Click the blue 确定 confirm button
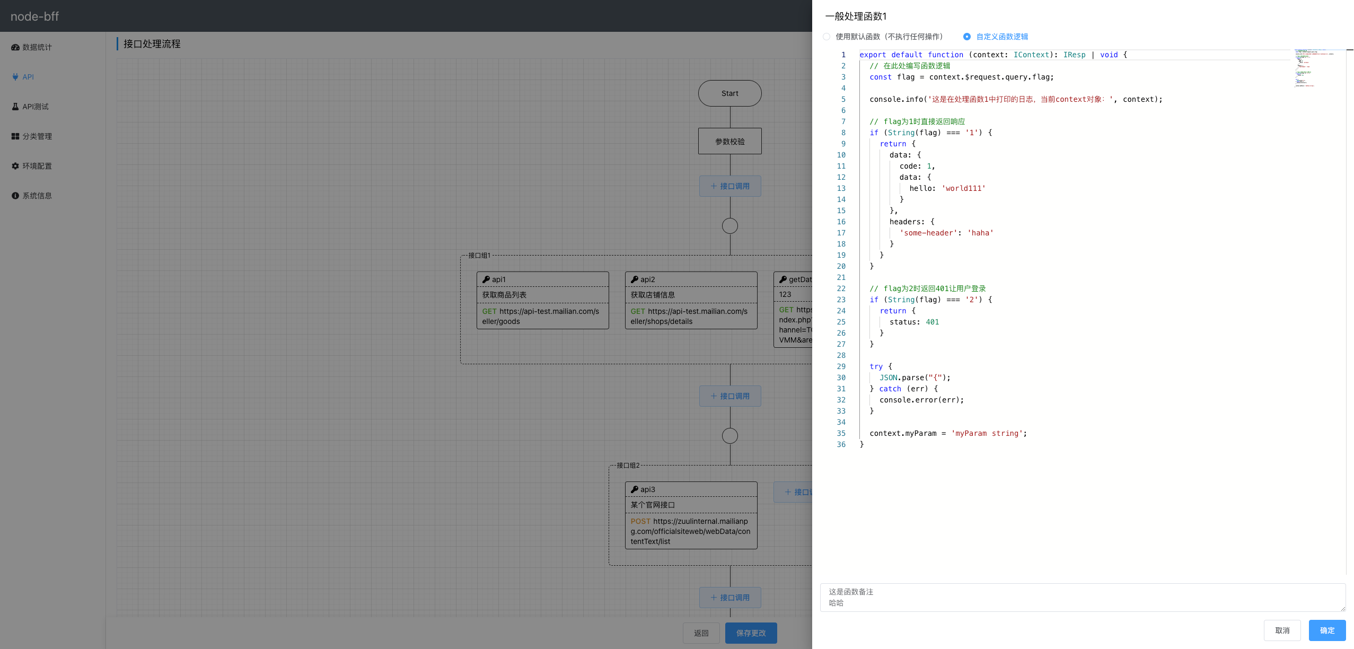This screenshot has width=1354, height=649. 1326,630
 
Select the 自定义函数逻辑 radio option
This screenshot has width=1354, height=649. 967,37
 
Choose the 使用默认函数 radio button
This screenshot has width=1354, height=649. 827,37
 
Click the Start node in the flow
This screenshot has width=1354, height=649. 729,93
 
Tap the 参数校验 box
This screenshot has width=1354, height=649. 729,142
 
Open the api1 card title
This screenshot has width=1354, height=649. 498,279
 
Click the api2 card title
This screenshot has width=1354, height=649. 647,279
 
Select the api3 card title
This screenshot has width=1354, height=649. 647,489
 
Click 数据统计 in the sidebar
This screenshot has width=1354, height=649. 37,47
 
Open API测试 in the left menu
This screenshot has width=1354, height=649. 35,107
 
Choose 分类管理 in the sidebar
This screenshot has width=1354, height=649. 37,136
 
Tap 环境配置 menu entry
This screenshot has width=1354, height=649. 37,166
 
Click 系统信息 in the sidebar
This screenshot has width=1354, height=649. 37,196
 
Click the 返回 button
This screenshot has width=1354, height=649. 701,633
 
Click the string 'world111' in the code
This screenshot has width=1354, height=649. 963,188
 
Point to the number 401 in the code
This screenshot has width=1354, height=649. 932,322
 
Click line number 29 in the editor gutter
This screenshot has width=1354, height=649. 841,366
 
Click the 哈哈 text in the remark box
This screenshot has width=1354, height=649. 836,603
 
